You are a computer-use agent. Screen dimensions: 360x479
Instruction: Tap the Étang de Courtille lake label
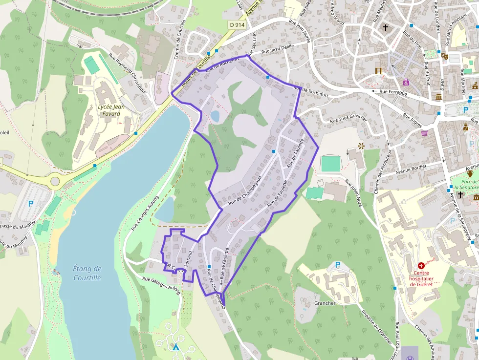point(87,273)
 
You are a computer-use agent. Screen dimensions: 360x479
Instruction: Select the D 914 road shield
point(236,24)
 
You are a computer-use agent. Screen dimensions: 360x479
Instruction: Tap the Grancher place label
point(325,303)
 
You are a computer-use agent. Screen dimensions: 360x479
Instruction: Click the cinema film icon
point(378,71)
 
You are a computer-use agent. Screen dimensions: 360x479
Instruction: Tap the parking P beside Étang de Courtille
point(31,204)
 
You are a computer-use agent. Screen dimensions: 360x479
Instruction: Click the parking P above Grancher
point(337,265)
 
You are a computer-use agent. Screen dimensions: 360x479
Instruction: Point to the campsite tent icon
point(175,347)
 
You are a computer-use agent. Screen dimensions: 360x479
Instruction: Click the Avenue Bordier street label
point(411,170)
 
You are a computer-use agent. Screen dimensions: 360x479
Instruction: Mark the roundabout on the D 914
point(55,182)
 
